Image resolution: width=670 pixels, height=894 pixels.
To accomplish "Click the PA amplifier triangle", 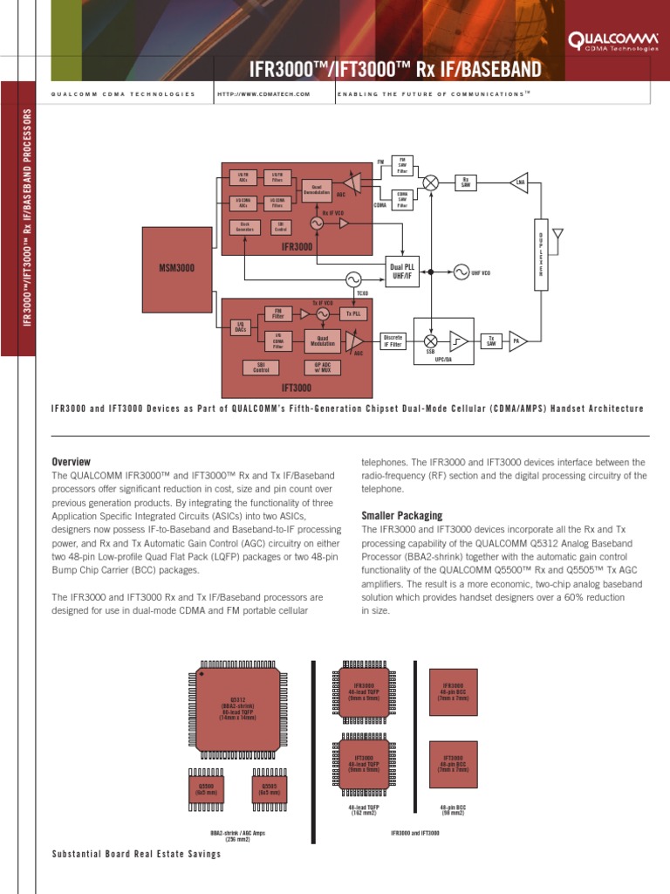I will (517, 340).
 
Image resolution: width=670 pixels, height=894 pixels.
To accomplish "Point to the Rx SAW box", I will (467, 182).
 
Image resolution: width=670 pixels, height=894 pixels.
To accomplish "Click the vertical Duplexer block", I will (541, 252).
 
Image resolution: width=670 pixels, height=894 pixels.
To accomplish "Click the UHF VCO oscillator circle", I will (460, 272).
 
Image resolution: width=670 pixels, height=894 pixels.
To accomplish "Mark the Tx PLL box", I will (353, 313).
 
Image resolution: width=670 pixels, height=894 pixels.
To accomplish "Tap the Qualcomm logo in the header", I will (608, 40).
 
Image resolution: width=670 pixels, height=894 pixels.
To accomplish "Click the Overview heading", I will (71, 461).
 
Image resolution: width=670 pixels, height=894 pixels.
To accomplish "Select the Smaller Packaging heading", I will (401, 515).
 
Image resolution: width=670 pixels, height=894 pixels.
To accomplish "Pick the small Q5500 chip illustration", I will (206, 789).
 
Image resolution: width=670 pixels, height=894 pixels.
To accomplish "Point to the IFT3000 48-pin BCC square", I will (454, 764).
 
